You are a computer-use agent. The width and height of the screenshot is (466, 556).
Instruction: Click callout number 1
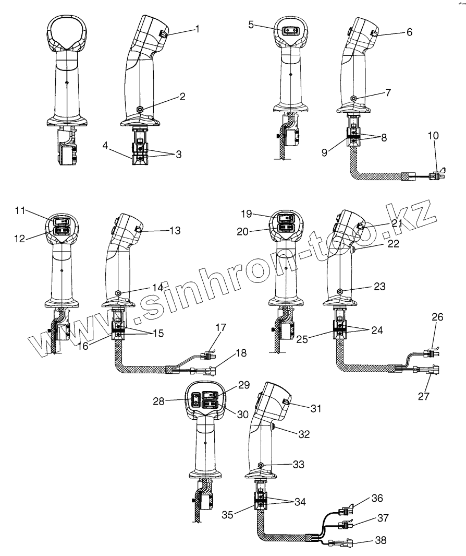(x=197, y=28)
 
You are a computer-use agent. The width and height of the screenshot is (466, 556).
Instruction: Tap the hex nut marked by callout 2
(x=140, y=109)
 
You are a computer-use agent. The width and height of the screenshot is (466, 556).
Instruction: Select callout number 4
(x=106, y=147)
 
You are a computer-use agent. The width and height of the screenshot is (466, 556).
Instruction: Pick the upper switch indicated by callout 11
(x=62, y=220)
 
